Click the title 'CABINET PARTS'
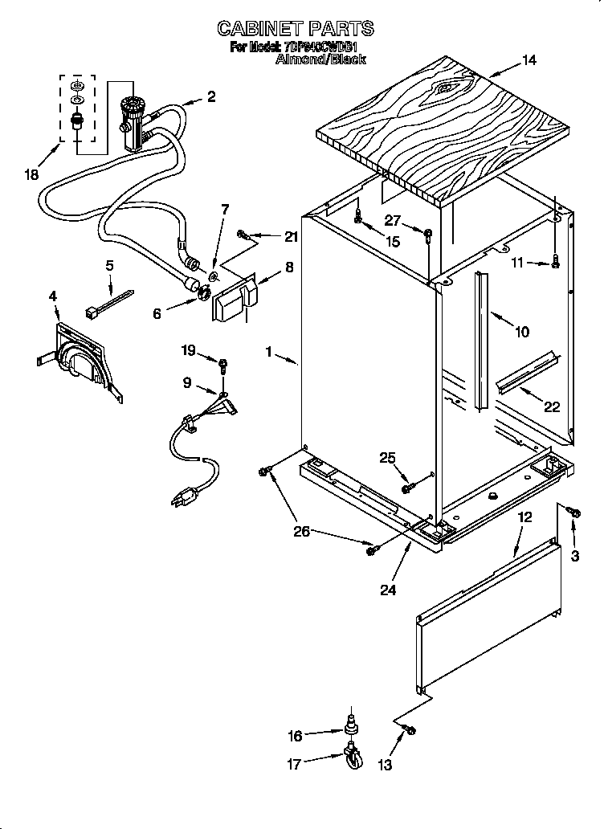pos(295,28)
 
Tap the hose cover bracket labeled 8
pos(233,300)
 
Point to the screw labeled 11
pos(555,261)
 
